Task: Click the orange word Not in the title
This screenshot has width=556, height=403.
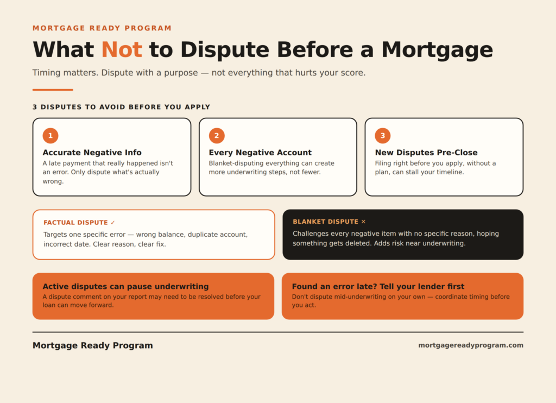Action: pyautogui.click(x=122, y=49)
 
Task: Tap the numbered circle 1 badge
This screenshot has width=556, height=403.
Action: pyautogui.click(x=50, y=136)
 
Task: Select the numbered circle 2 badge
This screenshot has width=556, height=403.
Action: pyautogui.click(x=217, y=136)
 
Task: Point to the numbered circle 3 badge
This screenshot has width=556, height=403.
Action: pyautogui.click(x=383, y=136)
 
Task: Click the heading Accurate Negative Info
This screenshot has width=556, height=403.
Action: pyautogui.click(x=92, y=153)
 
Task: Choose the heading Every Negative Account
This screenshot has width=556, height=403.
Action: pyautogui.click(x=260, y=153)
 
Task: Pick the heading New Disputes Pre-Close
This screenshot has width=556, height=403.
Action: pyautogui.click(x=426, y=153)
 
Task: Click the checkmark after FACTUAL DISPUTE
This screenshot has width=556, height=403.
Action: pyautogui.click(x=113, y=223)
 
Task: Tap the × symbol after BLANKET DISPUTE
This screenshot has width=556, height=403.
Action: pyautogui.click(x=363, y=222)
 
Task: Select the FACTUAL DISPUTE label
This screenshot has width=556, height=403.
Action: pyautogui.click(x=75, y=223)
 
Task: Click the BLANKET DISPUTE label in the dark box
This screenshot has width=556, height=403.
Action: pyautogui.click(x=326, y=222)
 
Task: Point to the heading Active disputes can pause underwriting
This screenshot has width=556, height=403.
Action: pyautogui.click(x=125, y=286)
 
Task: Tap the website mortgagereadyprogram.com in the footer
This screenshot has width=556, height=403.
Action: pyautogui.click(x=471, y=345)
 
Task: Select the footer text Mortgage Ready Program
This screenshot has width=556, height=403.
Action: pyautogui.click(x=92, y=345)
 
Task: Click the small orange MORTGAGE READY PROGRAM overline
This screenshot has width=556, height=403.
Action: pyautogui.click(x=102, y=28)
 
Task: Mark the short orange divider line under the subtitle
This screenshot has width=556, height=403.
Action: pyautogui.click(x=53, y=90)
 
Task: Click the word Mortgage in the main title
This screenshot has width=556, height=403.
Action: pyautogui.click(x=437, y=50)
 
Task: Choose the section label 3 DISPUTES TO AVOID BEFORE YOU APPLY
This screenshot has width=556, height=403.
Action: pyautogui.click(x=121, y=107)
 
